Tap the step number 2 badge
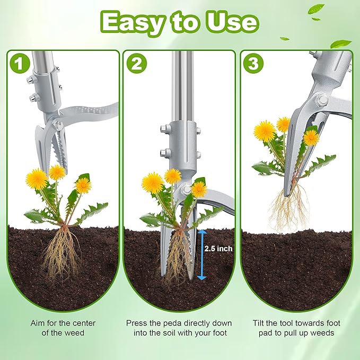pyautogui.click(x=136, y=64)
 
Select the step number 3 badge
pyautogui.click(x=252, y=64)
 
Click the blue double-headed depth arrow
pyautogui.click(x=201, y=253)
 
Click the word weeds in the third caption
pyautogui.click(x=323, y=333)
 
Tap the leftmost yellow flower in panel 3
pyautogui.click(x=264, y=130)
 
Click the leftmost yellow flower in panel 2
pyautogui.click(x=153, y=182)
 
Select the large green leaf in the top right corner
pyautogui.click(x=340, y=43)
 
